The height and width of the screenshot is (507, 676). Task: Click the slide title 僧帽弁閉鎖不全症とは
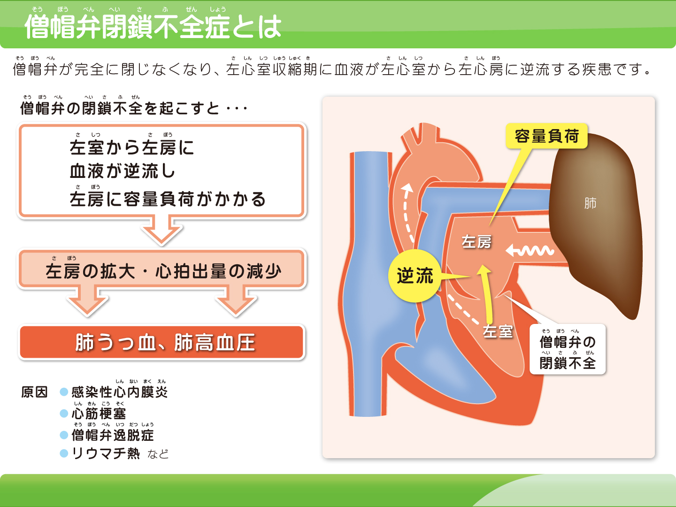[153, 26]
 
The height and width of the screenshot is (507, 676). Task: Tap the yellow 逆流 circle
[415, 276]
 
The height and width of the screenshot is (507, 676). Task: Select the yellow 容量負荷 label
[546, 136]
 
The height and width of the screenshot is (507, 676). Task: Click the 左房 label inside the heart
[476, 242]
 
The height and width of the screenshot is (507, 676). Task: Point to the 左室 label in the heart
[498, 331]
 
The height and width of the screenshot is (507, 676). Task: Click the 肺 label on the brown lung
[590, 203]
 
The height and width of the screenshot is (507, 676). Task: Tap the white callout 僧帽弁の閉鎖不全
[568, 350]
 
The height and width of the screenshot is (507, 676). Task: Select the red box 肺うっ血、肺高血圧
[162, 342]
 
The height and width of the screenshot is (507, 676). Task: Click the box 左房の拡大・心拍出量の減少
[162, 270]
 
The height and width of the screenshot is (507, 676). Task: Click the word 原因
[34, 392]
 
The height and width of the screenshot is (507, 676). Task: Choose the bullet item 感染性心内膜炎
[120, 392]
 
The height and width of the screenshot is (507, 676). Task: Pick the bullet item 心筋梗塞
[99, 414]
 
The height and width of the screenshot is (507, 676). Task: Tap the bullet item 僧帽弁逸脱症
[113, 435]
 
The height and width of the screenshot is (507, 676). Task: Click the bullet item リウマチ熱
[106, 453]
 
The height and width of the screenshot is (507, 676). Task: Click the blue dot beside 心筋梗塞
[64, 414]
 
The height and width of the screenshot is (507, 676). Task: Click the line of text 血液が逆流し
[122, 171]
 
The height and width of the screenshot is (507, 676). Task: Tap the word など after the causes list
[158, 454]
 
